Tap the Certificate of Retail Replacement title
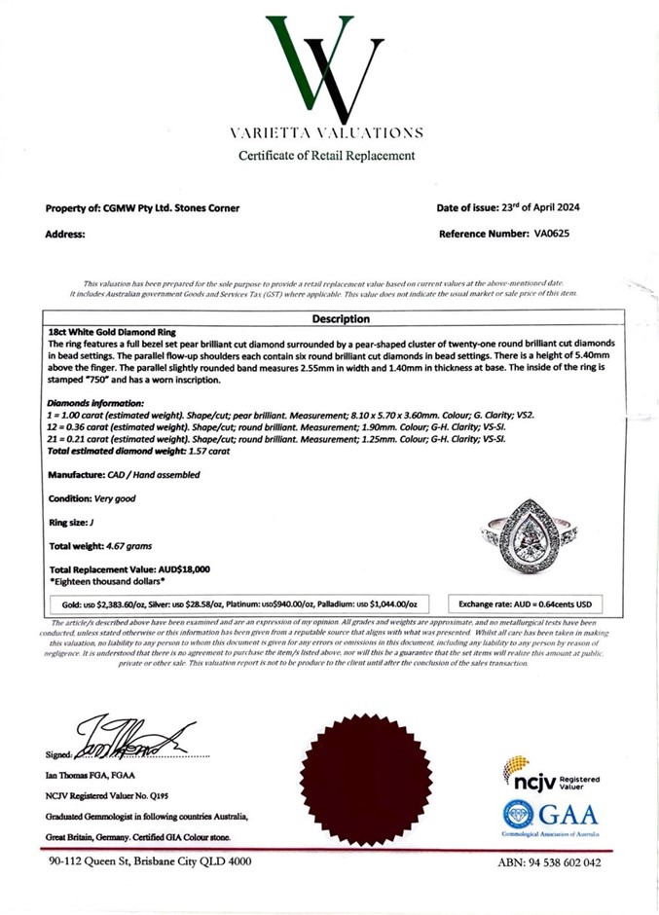327,156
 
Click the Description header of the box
340,319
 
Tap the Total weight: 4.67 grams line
99,546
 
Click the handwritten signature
136,738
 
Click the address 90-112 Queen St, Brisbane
150,861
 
